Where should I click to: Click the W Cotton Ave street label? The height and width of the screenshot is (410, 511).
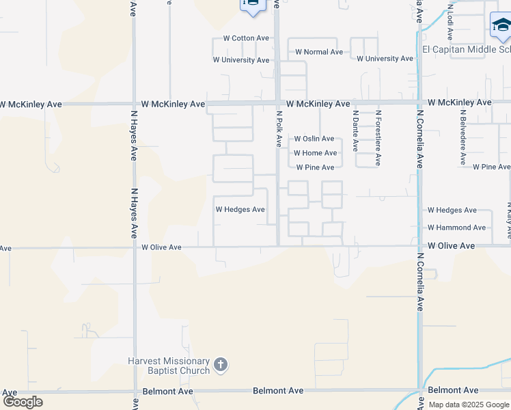click(241, 38)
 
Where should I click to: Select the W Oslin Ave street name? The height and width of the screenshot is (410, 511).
click(314, 139)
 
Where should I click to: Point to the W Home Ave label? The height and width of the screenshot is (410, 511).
click(315, 153)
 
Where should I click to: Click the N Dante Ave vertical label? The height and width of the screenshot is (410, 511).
click(355, 131)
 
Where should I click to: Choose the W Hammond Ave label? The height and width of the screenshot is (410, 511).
click(457, 228)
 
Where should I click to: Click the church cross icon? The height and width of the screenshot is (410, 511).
click(220, 365)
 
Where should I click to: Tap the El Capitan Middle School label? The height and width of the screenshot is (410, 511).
click(467, 49)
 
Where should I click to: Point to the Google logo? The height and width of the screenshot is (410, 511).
click(23, 402)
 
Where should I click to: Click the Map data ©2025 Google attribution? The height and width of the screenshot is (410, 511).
click(469, 405)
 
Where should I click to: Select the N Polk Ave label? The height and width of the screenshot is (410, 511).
click(279, 129)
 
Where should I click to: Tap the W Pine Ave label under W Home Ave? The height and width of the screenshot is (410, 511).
click(315, 167)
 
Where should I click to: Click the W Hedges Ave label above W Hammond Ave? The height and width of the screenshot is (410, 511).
click(452, 210)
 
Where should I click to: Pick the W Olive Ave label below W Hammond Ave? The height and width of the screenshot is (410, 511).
click(451, 246)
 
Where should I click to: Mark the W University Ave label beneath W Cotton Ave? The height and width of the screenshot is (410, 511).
click(241, 60)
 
